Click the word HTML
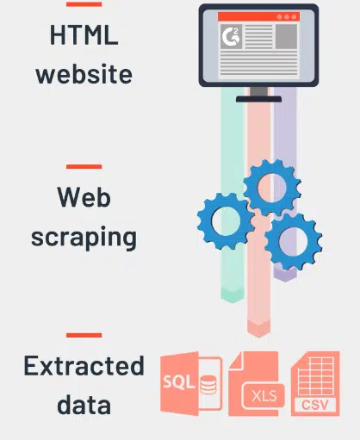(84, 34)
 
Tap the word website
(84, 74)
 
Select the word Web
(84, 196)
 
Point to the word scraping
(84, 238)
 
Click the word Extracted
(84, 365)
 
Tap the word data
(84, 404)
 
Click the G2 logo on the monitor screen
(231, 36)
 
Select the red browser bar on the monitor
(258, 16)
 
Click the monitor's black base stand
(258, 99)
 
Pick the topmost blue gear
(272, 188)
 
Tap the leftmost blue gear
(226, 221)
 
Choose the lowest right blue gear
(293, 241)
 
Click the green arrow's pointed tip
(233, 302)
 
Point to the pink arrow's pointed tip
(258, 338)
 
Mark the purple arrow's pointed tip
(285, 282)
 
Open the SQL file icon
(191, 384)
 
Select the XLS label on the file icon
(264, 396)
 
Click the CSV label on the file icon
(315, 405)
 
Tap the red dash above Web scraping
(84, 166)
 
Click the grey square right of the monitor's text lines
(286, 36)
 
